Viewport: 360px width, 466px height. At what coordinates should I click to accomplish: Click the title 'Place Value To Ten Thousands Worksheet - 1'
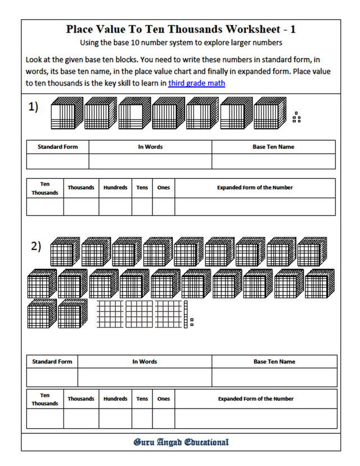pyautogui.click(x=181, y=29)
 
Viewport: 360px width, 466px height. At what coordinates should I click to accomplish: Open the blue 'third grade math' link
pyautogui.click(x=196, y=83)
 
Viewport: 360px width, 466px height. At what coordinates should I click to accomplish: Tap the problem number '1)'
pyautogui.click(x=34, y=107)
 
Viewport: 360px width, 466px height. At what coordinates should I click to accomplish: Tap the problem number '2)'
pyautogui.click(x=36, y=245)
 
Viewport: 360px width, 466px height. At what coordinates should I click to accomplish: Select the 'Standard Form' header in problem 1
pyautogui.click(x=57, y=147)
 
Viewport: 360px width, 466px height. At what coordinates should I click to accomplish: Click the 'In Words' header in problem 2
pyautogui.click(x=145, y=362)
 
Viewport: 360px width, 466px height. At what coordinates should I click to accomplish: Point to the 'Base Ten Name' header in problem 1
pyautogui.click(x=273, y=147)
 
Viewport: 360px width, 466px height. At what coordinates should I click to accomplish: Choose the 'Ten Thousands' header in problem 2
pyautogui.click(x=45, y=399)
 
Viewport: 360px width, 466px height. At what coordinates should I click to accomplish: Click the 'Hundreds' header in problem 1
pyautogui.click(x=115, y=187)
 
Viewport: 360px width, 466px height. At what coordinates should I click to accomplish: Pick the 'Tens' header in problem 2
pyautogui.click(x=142, y=399)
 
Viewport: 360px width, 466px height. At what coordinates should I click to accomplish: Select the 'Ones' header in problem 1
pyautogui.click(x=163, y=187)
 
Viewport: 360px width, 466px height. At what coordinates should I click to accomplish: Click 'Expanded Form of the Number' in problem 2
pyautogui.click(x=255, y=399)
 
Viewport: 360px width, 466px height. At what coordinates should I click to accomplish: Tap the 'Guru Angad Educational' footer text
pyautogui.click(x=181, y=442)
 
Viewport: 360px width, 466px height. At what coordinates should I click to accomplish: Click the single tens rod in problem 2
pyautogui.click(x=186, y=313)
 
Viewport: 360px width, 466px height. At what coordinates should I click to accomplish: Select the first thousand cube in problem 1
pyautogui.click(x=65, y=114)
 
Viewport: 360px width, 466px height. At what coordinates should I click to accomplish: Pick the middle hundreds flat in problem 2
pyautogui.click(x=138, y=313)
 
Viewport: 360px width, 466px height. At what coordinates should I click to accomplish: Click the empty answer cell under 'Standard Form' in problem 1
pyautogui.click(x=57, y=162)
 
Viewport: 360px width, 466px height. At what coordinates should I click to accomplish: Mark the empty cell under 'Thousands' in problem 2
pyautogui.click(x=81, y=419)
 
